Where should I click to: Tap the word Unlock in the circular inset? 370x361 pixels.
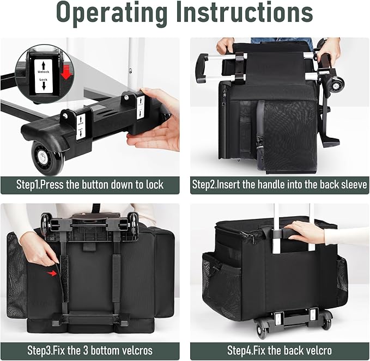pyautogui.click(x=44, y=72)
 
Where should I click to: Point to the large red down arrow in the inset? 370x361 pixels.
pyautogui.click(x=66, y=72)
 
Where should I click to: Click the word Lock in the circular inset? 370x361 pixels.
pyautogui.click(x=44, y=79)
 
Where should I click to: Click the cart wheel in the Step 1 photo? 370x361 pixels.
pyautogui.click(x=48, y=157)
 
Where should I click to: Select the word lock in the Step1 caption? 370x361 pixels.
pyautogui.click(x=155, y=185)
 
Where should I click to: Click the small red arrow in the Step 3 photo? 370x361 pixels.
pyautogui.click(x=52, y=273)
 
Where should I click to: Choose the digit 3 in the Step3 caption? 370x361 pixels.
pyautogui.click(x=85, y=351)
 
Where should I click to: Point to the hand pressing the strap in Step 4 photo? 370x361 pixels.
pyautogui.click(x=304, y=232)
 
